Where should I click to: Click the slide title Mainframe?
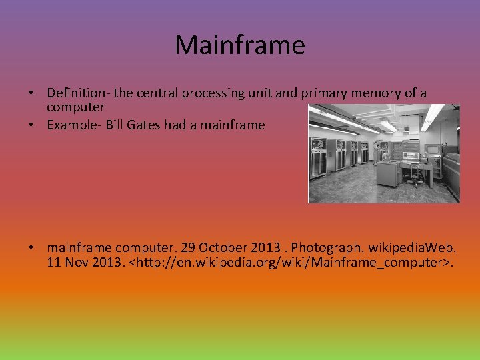click(x=239, y=45)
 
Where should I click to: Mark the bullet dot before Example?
click(x=31, y=125)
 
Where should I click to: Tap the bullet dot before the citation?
click(x=31, y=247)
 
